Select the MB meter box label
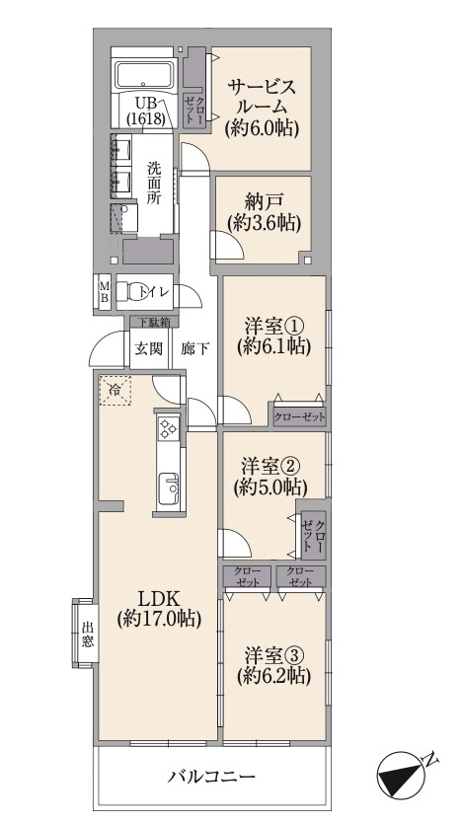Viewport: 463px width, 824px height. pos(104,292)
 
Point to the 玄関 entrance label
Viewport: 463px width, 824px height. pos(148,349)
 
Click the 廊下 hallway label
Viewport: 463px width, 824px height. pos(195,349)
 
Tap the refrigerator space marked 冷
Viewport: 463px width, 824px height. pos(116,391)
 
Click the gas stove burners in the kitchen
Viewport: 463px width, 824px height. pos(169,427)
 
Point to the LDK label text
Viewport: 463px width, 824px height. pos(159,599)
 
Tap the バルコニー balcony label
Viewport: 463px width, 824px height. pos(212,777)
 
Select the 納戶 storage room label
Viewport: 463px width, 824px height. pos(265,201)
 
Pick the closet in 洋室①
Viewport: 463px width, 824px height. pos(299,417)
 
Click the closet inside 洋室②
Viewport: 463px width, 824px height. pos(313,534)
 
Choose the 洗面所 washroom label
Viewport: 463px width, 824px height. pos(155,184)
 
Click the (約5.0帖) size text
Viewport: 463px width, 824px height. pos(270,488)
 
